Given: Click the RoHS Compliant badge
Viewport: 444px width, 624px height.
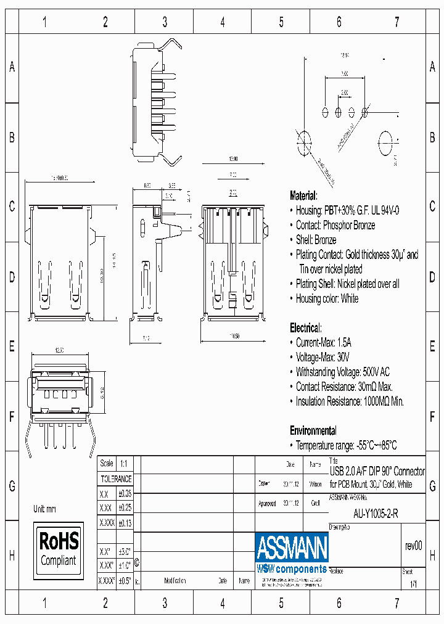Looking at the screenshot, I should point(59,550).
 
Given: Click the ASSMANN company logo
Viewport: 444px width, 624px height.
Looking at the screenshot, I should point(292,548).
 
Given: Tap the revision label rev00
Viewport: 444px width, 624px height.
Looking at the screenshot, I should point(413,546).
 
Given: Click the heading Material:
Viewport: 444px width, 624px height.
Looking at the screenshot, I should point(303,195).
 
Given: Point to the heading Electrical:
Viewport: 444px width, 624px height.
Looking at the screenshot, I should point(305,328).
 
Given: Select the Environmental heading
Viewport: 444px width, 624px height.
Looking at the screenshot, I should point(313,430).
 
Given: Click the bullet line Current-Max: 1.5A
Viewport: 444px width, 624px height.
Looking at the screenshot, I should point(324,342).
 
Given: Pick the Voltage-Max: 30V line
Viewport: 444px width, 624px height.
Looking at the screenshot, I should point(323,357).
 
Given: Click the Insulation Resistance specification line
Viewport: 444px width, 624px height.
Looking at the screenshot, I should point(350,401).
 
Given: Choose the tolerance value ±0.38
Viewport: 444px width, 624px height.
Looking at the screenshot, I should point(124,494).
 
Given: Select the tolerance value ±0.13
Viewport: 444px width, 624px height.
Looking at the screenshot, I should point(124,522).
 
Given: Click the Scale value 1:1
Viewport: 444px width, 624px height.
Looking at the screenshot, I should point(123,463).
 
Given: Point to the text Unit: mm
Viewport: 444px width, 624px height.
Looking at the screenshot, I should point(45,509).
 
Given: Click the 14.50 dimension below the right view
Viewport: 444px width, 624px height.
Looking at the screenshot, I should point(235,336).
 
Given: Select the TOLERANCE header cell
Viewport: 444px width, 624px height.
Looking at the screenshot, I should point(116,478).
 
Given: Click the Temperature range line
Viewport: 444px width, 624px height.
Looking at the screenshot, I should point(346,445).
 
